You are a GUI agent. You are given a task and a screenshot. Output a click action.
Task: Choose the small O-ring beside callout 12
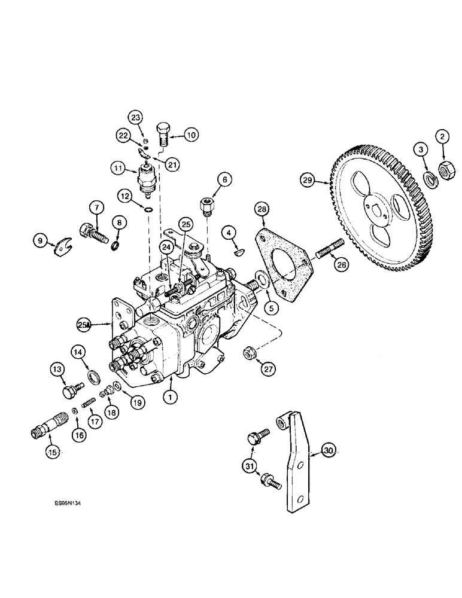[148, 209]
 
